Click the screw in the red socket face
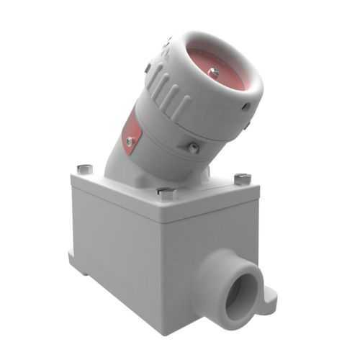212,71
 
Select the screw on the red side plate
130,142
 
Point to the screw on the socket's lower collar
193,147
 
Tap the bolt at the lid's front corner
165,192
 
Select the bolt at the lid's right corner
241,176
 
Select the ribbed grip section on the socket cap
169,90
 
